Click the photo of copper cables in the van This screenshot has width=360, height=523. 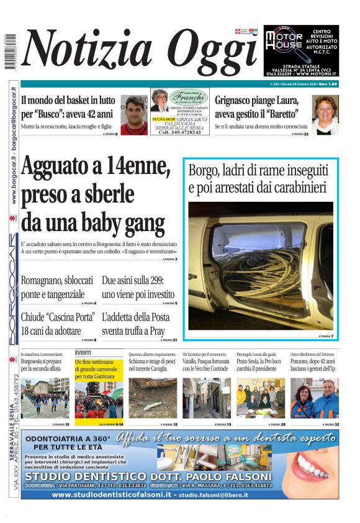[261, 265]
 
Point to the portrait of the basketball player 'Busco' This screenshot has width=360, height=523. [133, 115]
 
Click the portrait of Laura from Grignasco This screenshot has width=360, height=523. [325, 114]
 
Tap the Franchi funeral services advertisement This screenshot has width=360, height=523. [180, 111]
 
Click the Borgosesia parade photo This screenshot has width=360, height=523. [45, 398]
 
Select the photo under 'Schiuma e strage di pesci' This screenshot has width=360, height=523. [152, 398]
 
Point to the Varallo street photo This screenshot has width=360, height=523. [206, 398]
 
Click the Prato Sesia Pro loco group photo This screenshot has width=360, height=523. [260, 398]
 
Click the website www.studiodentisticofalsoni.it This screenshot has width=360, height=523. [112, 494]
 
